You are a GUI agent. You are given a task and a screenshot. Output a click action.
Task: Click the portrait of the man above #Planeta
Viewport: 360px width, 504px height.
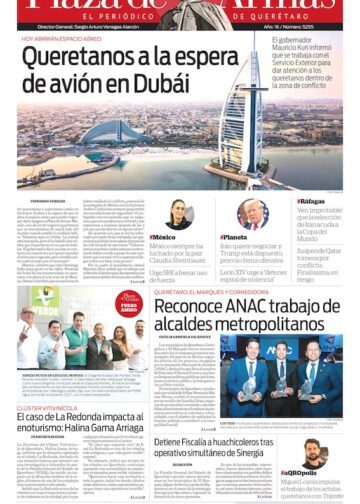[x=252, y=214]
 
